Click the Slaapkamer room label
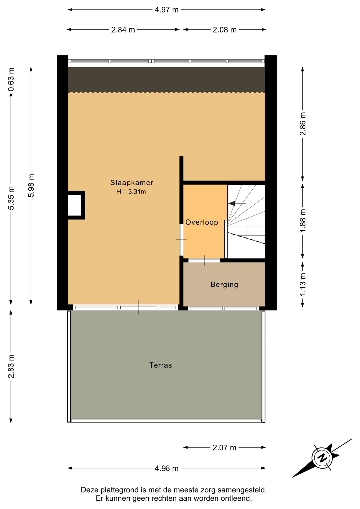[x=132, y=183]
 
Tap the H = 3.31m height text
[x=131, y=192]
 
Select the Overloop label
[x=202, y=222]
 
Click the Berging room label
[x=224, y=285]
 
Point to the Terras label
[x=161, y=365]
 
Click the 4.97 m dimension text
[x=166, y=10]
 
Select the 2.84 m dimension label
[x=123, y=30]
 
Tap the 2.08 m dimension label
[x=225, y=30]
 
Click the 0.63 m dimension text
[x=11, y=80]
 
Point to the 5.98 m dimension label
[x=31, y=186]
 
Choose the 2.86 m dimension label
[x=302, y=124]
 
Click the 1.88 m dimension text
[x=302, y=221]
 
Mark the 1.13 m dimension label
[x=302, y=284]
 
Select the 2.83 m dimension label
[x=11, y=366]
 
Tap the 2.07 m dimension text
[x=224, y=448]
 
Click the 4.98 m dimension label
[x=166, y=468]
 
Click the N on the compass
[x=322, y=458]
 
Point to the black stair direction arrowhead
[x=232, y=203]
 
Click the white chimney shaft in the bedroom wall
[x=74, y=205]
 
